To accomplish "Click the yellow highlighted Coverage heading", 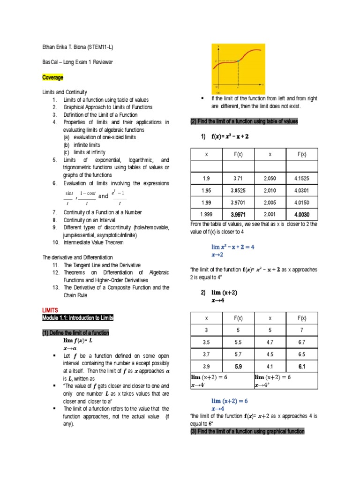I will coord(53,77).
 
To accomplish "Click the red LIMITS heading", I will coord(50,310).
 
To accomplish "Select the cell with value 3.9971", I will coord(238,214).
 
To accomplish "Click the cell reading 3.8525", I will coord(238,190).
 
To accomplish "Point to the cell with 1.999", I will coord(206,214).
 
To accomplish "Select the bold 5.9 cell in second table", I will coord(238,367).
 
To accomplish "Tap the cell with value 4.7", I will coord(270,343).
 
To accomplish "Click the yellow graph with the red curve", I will coord(239,67).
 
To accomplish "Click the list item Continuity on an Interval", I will coord(93,219).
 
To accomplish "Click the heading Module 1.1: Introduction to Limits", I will coord(78,318).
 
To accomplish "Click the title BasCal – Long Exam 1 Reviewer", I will coord(77,62).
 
